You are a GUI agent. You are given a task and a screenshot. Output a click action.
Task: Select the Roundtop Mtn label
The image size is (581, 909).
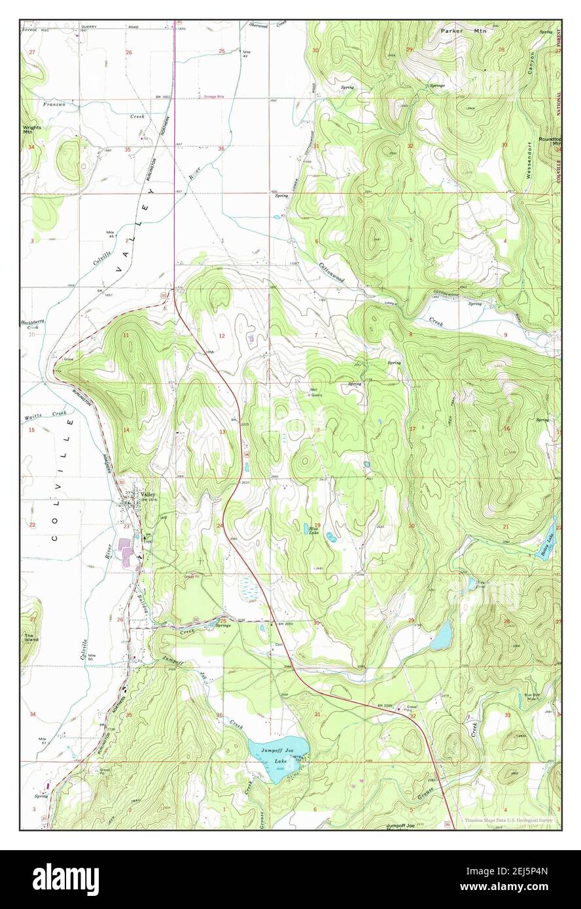pyautogui.click(x=550, y=141)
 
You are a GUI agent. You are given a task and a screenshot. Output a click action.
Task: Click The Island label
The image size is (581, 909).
pyautogui.click(x=29, y=637)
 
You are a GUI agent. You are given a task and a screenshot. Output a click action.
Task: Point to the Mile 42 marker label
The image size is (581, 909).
pyautogui.click(x=247, y=54)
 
